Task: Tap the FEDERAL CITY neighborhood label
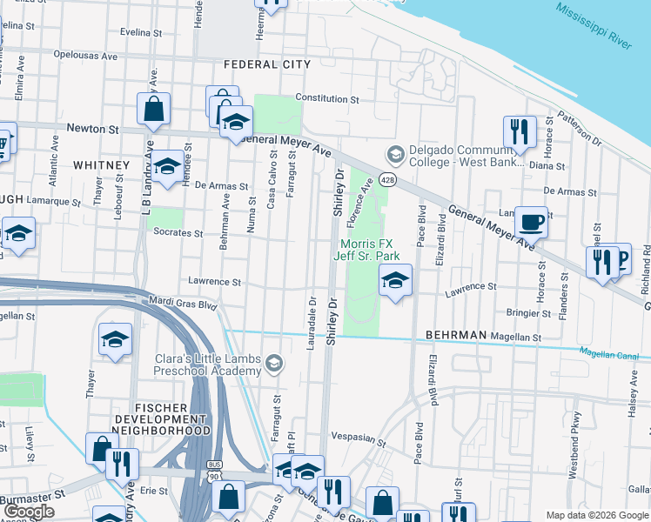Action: coord(266,65)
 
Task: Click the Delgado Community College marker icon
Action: coord(396,154)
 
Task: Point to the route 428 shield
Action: coord(389,179)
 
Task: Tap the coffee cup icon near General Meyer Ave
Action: coord(531,221)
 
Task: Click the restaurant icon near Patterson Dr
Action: coord(520,131)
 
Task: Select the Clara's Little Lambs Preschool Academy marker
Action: coord(275,362)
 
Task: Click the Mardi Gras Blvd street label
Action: coord(183,305)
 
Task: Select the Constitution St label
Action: coord(327,98)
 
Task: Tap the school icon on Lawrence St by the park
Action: coord(395,280)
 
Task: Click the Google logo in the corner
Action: coord(29,512)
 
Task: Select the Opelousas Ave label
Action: coord(84,56)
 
